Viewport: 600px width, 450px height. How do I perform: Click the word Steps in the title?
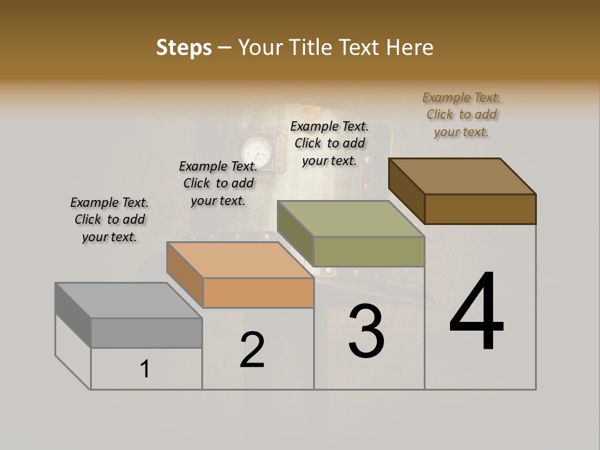tap(183, 47)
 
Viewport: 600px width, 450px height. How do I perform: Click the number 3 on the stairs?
tap(366, 331)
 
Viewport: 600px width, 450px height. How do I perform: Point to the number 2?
tap(252, 350)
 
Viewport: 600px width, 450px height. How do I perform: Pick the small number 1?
tap(145, 369)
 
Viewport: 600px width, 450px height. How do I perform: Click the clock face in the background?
tap(257, 151)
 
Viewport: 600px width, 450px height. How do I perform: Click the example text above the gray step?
tap(109, 219)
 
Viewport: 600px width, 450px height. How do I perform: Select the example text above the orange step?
tap(218, 183)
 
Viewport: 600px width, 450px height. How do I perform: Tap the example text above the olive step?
tap(329, 143)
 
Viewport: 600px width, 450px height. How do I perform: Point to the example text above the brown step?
tap(461, 114)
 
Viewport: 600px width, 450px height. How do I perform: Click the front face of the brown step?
tap(480, 209)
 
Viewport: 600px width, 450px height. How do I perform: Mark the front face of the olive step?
tap(369, 251)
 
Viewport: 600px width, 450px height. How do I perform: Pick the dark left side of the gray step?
tap(73, 316)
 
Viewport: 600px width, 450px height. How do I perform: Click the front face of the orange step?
tap(258, 292)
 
